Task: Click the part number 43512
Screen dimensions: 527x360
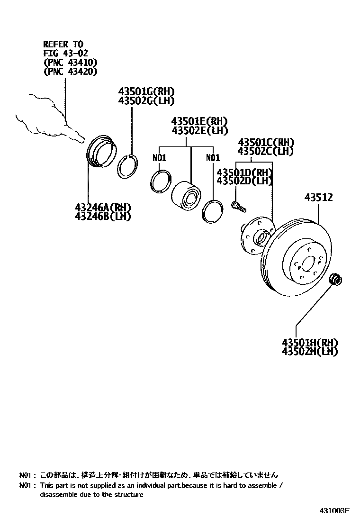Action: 318,198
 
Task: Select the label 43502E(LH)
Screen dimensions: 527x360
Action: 199,130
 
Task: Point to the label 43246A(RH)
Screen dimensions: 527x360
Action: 103,208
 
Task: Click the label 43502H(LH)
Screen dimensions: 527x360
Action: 310,352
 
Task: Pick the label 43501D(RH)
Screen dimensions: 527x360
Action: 244,173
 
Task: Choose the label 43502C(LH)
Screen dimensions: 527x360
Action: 266,151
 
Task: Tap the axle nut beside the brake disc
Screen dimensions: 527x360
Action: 335,280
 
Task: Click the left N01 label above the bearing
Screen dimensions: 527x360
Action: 160,158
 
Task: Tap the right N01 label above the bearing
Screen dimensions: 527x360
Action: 213,158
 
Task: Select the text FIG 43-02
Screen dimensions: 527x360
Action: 65,54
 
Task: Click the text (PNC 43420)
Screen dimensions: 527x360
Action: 70,72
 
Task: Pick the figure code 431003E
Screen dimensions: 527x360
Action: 333,511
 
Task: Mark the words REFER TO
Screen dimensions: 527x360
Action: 63,45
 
